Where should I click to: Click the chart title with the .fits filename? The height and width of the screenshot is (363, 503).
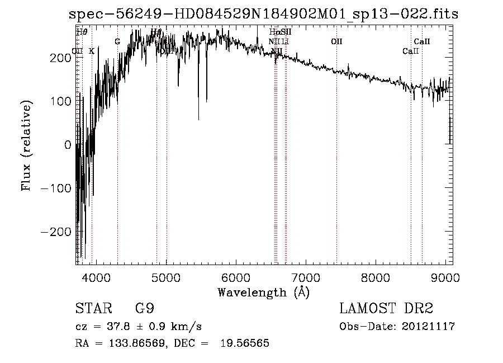tap(263, 14)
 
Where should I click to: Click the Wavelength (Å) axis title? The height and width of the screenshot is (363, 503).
tap(263, 292)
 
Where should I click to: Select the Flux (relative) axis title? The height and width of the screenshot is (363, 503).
tap(26, 145)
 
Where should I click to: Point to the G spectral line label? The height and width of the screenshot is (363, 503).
tap(117, 41)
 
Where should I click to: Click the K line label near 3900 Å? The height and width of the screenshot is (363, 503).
tap(92, 51)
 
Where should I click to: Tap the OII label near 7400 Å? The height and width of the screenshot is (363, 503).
tap(336, 41)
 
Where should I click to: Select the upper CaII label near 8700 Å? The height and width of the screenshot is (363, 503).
tap(422, 41)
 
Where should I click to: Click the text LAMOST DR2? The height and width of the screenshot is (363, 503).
tap(386, 309)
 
